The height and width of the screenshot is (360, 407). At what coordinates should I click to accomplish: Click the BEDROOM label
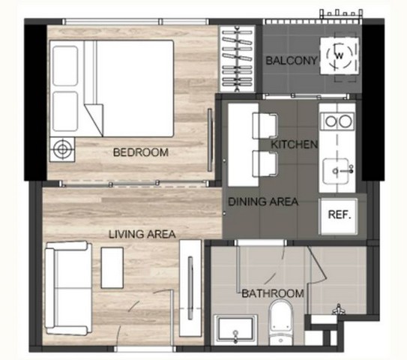pos(141,152)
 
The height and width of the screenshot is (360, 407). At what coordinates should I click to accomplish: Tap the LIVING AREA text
pos(142,234)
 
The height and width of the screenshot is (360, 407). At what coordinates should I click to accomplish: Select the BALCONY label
pos(292,61)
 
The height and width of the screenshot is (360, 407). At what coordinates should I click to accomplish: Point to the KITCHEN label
pos(295,145)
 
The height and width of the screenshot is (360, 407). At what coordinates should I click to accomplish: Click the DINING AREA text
pos(263,202)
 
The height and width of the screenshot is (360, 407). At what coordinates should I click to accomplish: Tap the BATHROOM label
pos(273,293)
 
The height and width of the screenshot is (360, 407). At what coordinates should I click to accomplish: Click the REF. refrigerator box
pos(338,216)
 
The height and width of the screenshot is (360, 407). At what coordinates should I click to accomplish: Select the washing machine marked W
pos(340,55)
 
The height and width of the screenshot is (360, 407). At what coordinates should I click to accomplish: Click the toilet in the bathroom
pos(280,322)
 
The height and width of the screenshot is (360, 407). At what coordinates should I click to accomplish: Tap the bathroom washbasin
pos(235,330)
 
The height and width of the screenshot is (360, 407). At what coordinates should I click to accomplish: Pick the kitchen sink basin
pos(337,171)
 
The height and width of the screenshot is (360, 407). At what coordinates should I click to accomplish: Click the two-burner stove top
pos(337,121)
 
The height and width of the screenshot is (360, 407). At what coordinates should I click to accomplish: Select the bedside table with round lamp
pos(62,149)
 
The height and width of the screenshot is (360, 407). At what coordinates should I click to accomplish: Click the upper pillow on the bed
pos(65,66)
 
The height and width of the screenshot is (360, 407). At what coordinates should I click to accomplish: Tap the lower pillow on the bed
pos(65,112)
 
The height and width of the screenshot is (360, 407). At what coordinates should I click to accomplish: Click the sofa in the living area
pos(68,288)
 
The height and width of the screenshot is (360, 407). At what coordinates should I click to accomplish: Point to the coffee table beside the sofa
pos(112,268)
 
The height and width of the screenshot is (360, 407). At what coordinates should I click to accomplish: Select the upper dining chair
pos(265,126)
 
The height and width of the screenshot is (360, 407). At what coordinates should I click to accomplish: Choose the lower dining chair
pos(265,163)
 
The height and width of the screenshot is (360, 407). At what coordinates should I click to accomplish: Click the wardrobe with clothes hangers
pos(238,58)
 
